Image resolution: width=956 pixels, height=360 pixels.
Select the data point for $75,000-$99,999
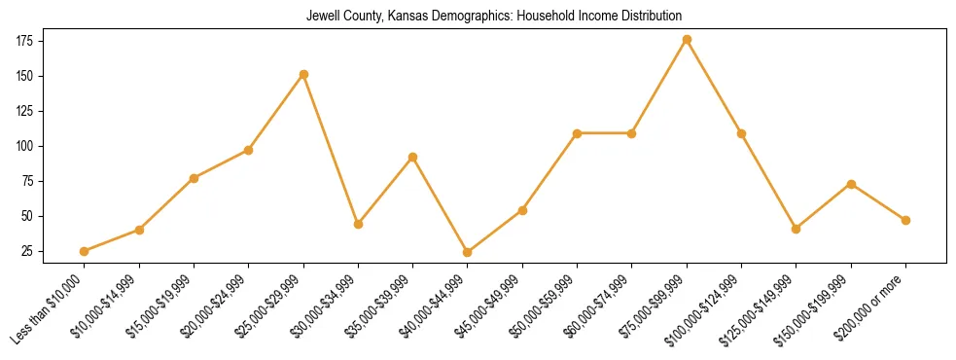[687, 40]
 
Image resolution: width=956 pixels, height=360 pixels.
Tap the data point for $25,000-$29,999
[303, 74]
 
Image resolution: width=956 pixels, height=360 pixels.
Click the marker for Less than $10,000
[85, 251]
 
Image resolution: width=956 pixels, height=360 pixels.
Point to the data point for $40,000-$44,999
[468, 252]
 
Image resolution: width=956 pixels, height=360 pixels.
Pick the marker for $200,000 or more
[905, 220]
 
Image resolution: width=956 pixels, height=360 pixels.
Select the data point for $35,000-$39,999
[413, 157]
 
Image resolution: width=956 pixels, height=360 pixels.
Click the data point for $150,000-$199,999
[851, 184]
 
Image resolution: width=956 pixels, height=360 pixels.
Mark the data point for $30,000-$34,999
[358, 224]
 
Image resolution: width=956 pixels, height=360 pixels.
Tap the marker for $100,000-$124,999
[741, 133]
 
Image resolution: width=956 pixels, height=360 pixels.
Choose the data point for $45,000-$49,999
[522, 210]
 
